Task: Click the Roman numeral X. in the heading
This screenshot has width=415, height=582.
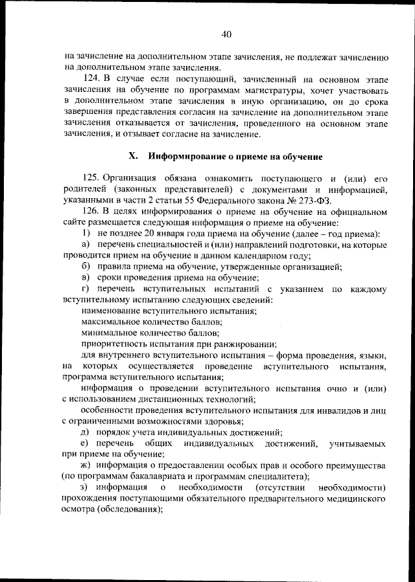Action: [x=134, y=156]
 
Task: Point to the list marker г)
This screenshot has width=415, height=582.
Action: [x=85, y=289]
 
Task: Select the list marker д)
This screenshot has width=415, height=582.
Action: [x=85, y=432]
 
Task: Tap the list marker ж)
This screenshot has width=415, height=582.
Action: [x=86, y=465]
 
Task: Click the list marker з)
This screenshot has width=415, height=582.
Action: [x=84, y=487]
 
